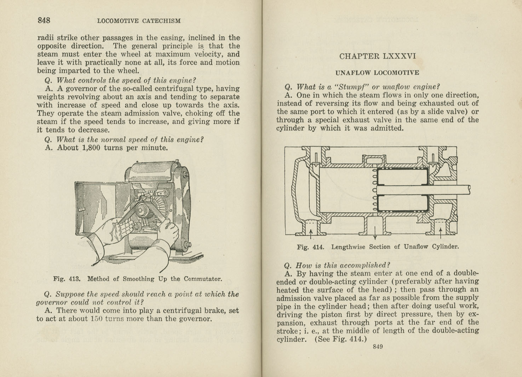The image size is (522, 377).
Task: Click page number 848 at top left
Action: click(44, 20)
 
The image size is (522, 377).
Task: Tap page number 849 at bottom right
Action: click(378, 347)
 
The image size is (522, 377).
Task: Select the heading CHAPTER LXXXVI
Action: click(377, 56)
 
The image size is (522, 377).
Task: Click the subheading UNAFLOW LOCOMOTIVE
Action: click(377, 73)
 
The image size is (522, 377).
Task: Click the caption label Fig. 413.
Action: click(67, 279)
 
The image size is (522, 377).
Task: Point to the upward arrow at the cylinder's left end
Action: click(311, 232)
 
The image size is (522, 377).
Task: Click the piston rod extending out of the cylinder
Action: click(453, 190)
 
